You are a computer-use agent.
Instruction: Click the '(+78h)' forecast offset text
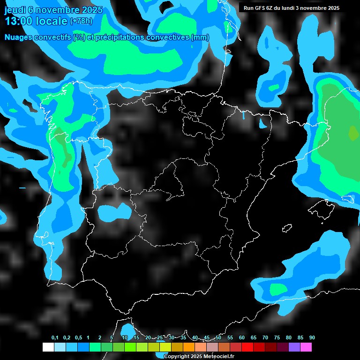point(81,21)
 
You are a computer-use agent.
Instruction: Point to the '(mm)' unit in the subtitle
point(200,37)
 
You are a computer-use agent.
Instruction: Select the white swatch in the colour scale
point(48,347)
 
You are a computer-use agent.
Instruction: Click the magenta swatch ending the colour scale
point(306,347)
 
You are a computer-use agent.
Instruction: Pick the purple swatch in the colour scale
point(294,347)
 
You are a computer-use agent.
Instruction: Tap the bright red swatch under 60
point(247,347)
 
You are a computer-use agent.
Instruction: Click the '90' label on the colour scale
point(312,338)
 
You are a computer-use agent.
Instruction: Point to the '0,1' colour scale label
point(55,338)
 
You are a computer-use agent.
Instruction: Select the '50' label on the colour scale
point(218,338)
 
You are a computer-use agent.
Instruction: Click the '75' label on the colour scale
point(277,338)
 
